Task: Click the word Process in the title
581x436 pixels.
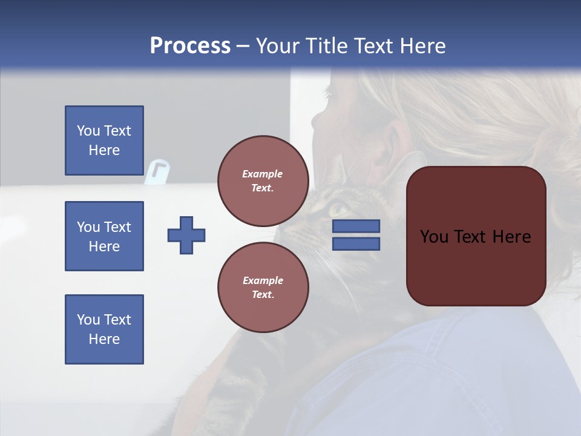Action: pos(190,46)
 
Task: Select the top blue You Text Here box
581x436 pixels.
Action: pos(104,140)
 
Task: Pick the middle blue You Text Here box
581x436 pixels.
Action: pos(104,236)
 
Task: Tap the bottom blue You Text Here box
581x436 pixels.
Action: pos(104,329)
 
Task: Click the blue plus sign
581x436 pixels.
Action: pos(186,235)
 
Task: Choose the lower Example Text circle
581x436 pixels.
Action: pos(263,288)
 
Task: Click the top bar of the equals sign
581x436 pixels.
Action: pos(356,226)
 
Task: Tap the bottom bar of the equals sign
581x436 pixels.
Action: pos(356,244)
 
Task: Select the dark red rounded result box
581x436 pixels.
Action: pos(476,236)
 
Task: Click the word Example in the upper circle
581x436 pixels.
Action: pos(263,174)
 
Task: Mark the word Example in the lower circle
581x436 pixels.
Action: pos(263,280)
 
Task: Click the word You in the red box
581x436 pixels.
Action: pos(434,237)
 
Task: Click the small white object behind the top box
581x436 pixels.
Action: pos(156,171)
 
